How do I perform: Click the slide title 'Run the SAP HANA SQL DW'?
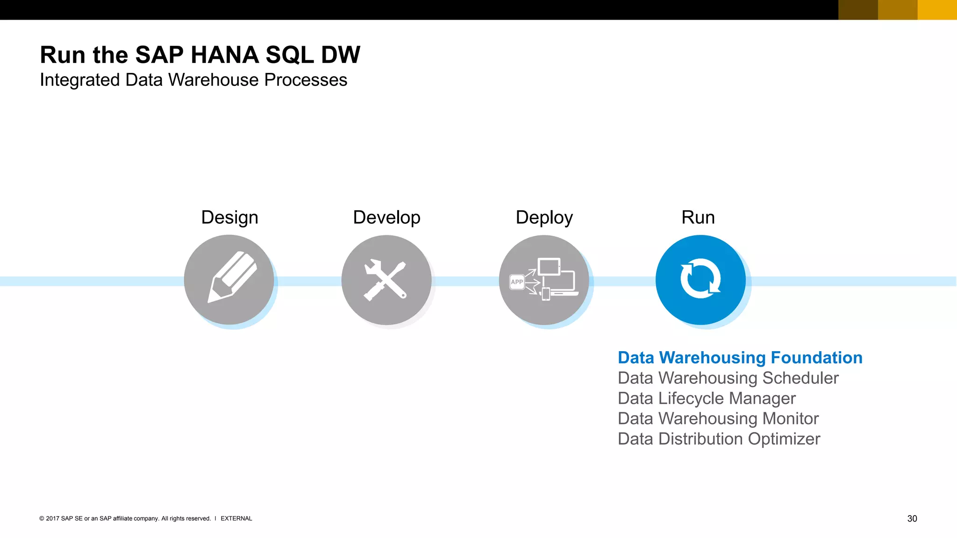coord(200,55)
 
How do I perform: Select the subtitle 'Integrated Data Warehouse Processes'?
coord(193,80)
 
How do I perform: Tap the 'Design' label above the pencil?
coord(229,218)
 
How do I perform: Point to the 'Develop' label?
coord(386,218)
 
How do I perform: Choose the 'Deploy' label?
coord(544,218)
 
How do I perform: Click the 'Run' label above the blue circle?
coord(698,218)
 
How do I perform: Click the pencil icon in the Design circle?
coord(232,277)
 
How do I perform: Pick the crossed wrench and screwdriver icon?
coord(386,280)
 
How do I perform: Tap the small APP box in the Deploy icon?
coord(517,282)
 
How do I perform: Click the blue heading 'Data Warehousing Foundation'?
coord(740,358)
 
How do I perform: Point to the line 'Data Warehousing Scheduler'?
coord(728,378)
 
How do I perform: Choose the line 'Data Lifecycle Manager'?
coord(706,398)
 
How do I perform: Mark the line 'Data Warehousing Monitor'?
coord(718,419)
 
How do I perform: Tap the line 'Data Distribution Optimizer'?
coord(718,439)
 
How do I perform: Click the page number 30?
coord(912,518)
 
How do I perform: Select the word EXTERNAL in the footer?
coord(236,518)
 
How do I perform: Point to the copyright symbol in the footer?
coord(42,518)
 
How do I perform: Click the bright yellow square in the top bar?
coord(937,10)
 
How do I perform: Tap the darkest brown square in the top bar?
coord(858,10)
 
